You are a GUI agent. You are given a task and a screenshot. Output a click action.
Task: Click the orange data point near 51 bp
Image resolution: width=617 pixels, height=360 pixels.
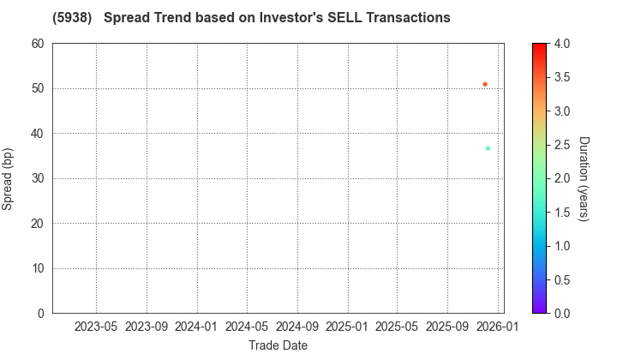pos(485,84)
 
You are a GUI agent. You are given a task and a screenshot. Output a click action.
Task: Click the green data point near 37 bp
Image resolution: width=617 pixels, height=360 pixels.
pos(488,148)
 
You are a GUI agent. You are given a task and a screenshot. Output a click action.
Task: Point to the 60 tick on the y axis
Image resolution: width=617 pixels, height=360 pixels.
pos(39,44)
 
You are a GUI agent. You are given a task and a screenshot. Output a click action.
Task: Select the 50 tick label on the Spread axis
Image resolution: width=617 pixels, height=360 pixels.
pos(39,88)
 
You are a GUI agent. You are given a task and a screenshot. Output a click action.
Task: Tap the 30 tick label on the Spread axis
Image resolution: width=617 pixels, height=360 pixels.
pos(39,178)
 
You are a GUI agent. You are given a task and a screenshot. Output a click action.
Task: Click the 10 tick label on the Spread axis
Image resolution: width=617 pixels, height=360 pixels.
pos(39,268)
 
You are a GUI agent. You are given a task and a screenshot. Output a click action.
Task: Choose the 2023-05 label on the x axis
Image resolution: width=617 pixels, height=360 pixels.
pos(96,327)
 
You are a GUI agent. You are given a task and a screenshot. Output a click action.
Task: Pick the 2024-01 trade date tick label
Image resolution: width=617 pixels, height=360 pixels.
pos(197,327)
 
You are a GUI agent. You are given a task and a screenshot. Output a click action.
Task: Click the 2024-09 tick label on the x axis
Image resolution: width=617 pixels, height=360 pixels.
pos(297,327)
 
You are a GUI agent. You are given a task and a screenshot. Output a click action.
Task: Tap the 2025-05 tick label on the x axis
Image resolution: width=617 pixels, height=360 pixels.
pos(397,327)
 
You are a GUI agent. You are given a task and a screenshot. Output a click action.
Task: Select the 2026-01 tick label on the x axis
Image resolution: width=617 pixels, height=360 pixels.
pos(498,327)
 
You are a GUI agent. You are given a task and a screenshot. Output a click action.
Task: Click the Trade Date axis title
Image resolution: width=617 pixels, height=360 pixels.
pos(278,345)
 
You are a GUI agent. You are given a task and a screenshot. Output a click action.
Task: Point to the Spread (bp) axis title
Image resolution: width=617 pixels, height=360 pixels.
pos(9,178)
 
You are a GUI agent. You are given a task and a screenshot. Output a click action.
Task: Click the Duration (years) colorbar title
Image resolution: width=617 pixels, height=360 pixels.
pos(584,178)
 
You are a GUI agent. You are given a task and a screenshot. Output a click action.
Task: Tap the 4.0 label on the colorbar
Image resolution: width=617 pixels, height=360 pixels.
pos(561,44)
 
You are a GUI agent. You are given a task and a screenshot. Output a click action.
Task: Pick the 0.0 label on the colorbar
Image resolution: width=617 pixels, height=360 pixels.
pos(561,313)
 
